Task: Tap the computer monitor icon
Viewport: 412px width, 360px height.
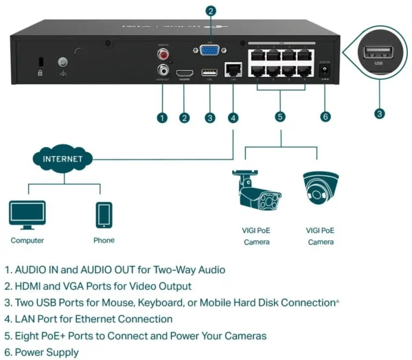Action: tap(27, 215)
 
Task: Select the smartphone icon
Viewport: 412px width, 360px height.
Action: tap(104, 215)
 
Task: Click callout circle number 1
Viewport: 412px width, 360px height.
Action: tap(162, 117)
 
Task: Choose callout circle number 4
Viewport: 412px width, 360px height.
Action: tap(234, 117)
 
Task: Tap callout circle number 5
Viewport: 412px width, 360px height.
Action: tap(280, 117)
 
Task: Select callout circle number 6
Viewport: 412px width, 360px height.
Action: tap(325, 117)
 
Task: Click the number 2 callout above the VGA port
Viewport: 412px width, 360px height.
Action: tap(211, 11)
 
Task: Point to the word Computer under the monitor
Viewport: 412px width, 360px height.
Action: tap(27, 241)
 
